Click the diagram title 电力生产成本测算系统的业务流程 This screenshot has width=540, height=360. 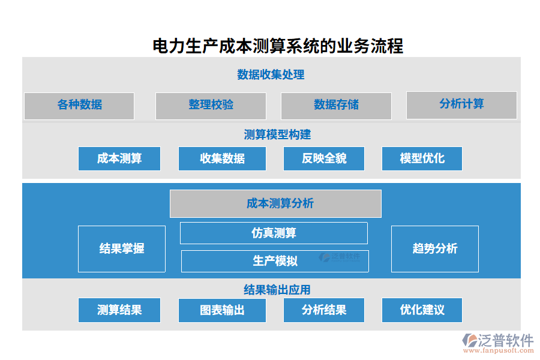tap(278, 46)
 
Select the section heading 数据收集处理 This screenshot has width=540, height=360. tap(271, 74)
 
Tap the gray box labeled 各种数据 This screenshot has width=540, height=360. tap(79, 106)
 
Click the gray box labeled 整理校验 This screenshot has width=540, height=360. tap(211, 106)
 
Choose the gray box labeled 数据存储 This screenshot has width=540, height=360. tap(336, 106)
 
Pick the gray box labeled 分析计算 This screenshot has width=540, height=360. tap(461, 105)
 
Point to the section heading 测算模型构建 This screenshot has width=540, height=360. tap(277, 134)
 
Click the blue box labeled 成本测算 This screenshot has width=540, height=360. tap(119, 158)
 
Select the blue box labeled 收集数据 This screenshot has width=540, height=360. tap(222, 158)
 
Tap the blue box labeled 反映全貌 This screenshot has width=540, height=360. tap(324, 158)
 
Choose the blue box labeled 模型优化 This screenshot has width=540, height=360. tap(422, 158)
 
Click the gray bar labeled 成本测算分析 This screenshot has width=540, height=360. tap(275, 203)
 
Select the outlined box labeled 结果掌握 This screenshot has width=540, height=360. tap(122, 248)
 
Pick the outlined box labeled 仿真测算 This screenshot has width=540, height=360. tap(274, 233)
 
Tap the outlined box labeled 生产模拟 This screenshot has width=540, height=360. tap(275, 261)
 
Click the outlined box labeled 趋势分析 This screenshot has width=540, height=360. tap(435, 248)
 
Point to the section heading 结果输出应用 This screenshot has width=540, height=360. tap(277, 290)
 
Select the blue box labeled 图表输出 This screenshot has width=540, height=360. tap(222, 310)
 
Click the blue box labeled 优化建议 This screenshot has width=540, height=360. tap(422, 310)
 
